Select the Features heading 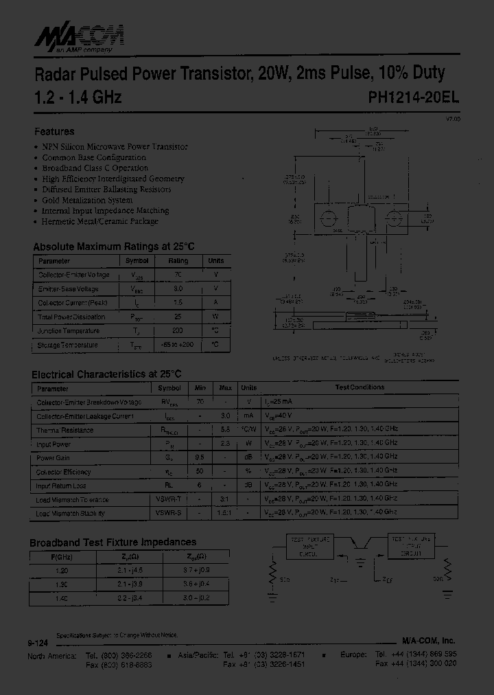point(54,131)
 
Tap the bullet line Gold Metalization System point(87,200)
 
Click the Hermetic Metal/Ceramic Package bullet point(100,221)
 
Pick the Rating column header point(178,261)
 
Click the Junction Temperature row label point(69,330)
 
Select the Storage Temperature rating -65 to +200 point(178,345)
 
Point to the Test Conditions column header point(360,387)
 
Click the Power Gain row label point(54,458)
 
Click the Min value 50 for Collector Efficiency point(200,472)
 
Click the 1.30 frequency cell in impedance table point(62,584)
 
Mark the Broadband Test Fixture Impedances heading point(113,542)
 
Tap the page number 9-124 point(37,643)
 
